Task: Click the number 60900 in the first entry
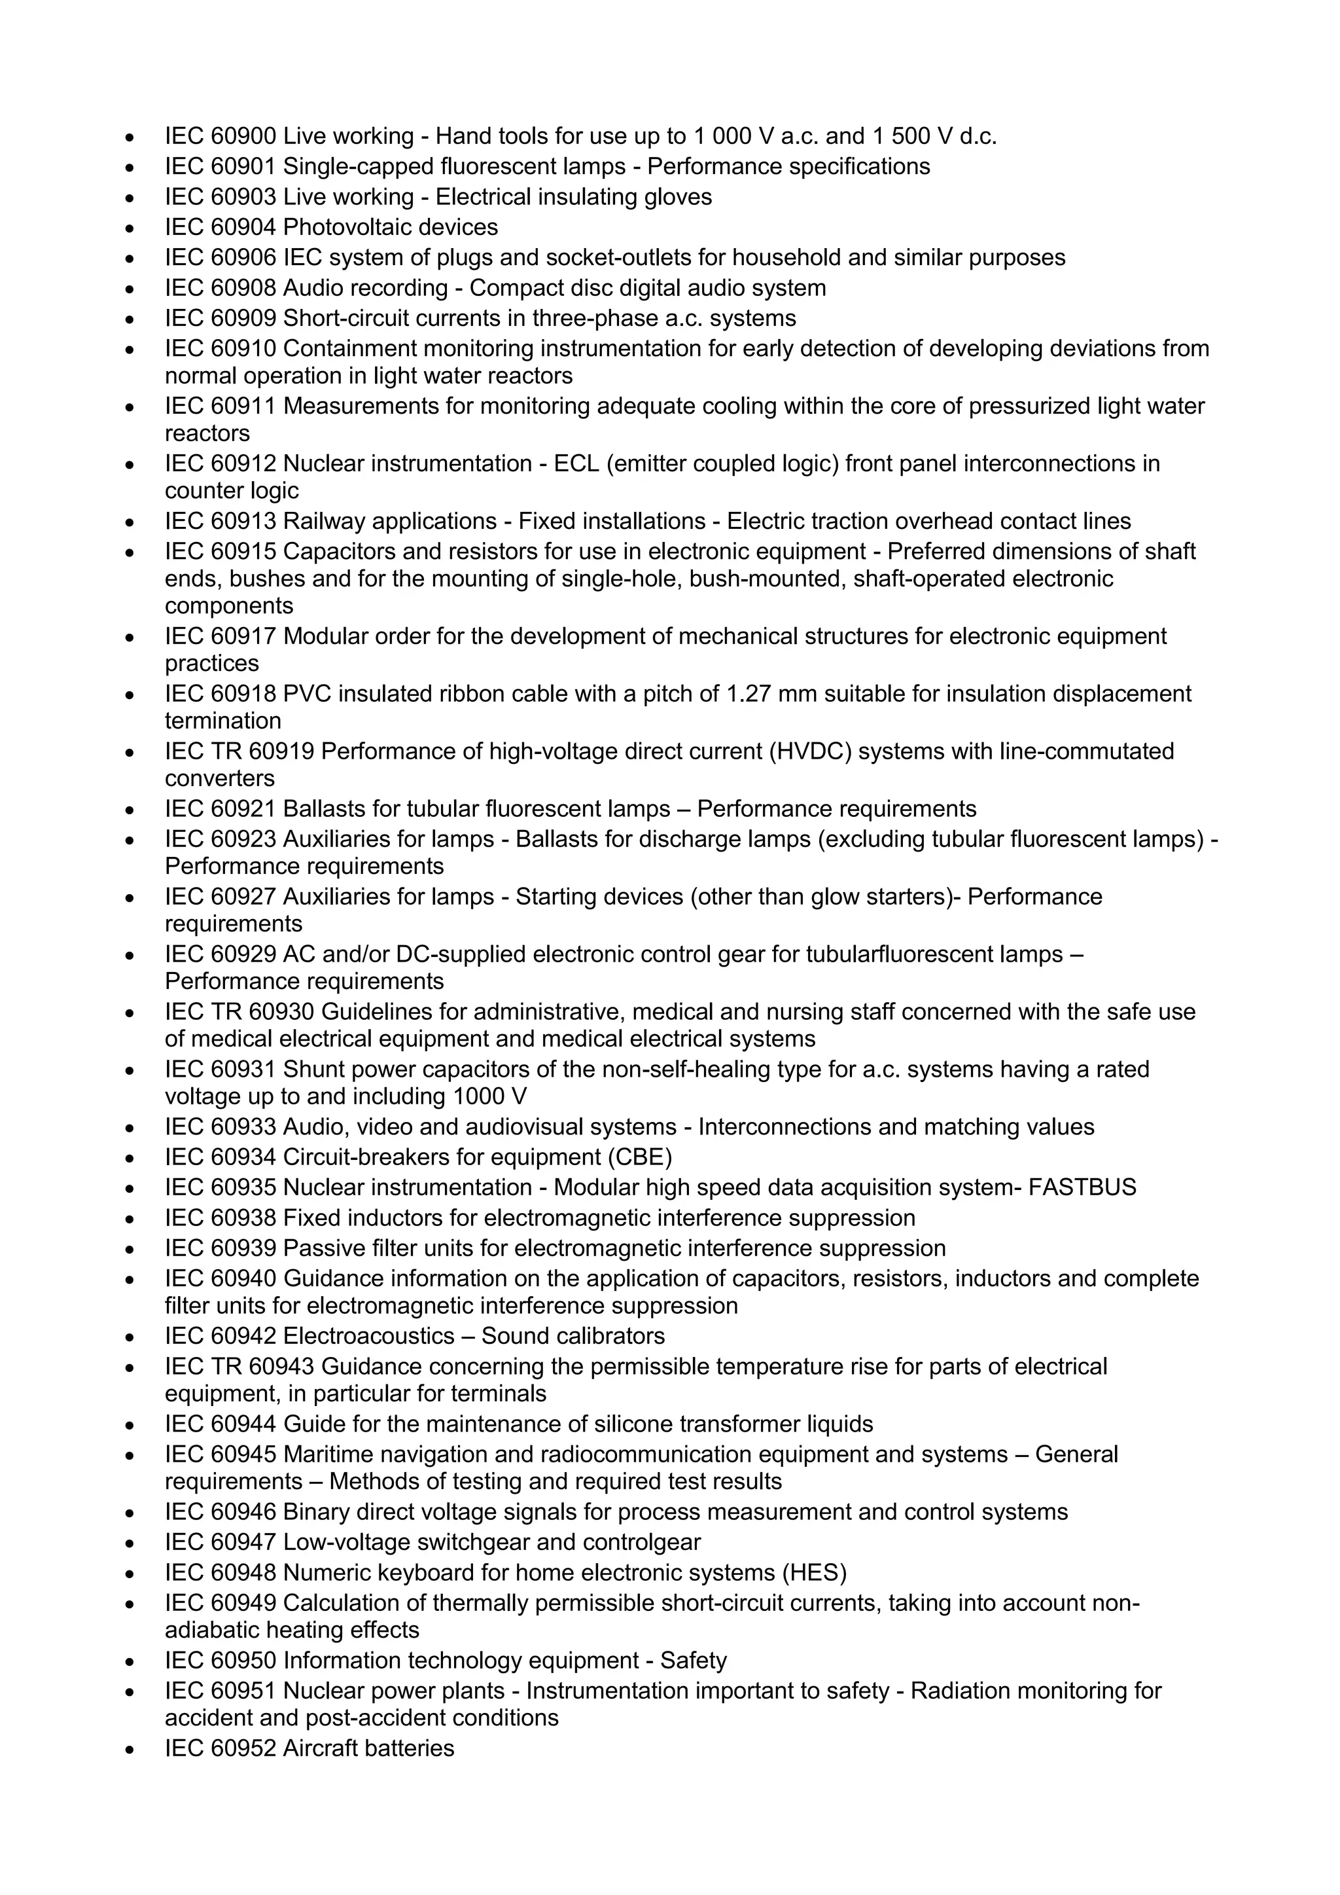[243, 136]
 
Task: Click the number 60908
[243, 288]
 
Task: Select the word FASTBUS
[1083, 1187]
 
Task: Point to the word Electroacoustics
[369, 1336]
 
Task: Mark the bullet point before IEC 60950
[130, 1661]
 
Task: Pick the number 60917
[243, 636]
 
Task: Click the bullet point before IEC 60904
[130, 228]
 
